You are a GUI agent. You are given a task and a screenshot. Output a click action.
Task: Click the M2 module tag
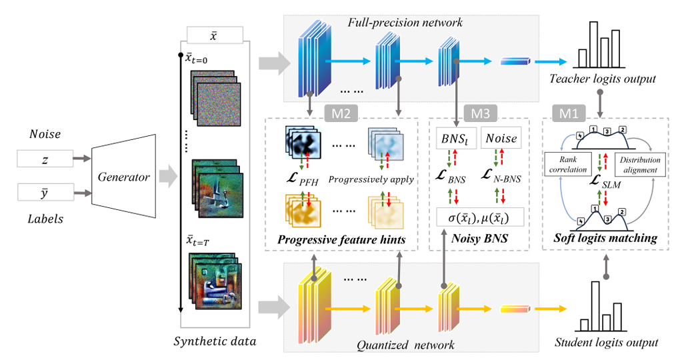(x=341, y=111)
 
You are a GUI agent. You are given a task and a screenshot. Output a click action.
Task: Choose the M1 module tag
(x=565, y=111)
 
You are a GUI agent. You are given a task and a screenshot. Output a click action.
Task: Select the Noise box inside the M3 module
(x=502, y=139)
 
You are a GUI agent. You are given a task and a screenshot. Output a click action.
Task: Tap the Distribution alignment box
(x=641, y=164)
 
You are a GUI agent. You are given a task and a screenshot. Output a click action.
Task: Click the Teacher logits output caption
(x=603, y=79)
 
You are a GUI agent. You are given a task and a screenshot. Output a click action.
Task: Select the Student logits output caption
(x=607, y=343)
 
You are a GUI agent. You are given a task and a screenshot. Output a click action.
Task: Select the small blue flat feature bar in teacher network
(x=514, y=62)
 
